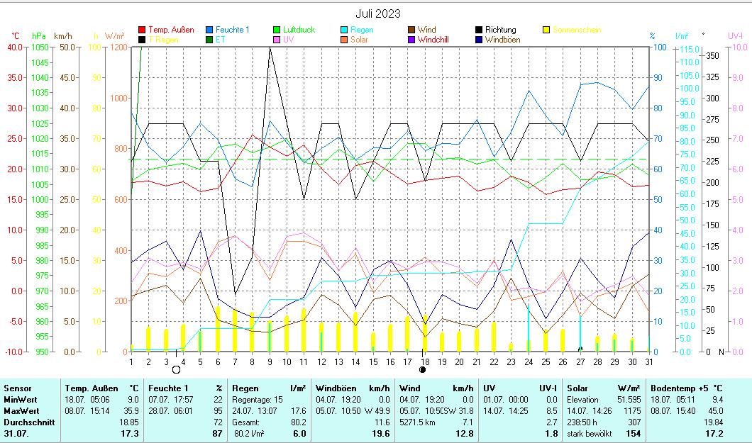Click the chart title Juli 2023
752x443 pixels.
377,13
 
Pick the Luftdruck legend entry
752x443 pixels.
299,30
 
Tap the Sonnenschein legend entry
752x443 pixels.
577,30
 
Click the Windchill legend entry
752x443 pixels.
437,40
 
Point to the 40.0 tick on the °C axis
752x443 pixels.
14,47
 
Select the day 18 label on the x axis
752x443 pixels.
424,361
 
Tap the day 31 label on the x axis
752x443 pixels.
648,361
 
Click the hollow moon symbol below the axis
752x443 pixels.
176,370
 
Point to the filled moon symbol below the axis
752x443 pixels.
423,369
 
